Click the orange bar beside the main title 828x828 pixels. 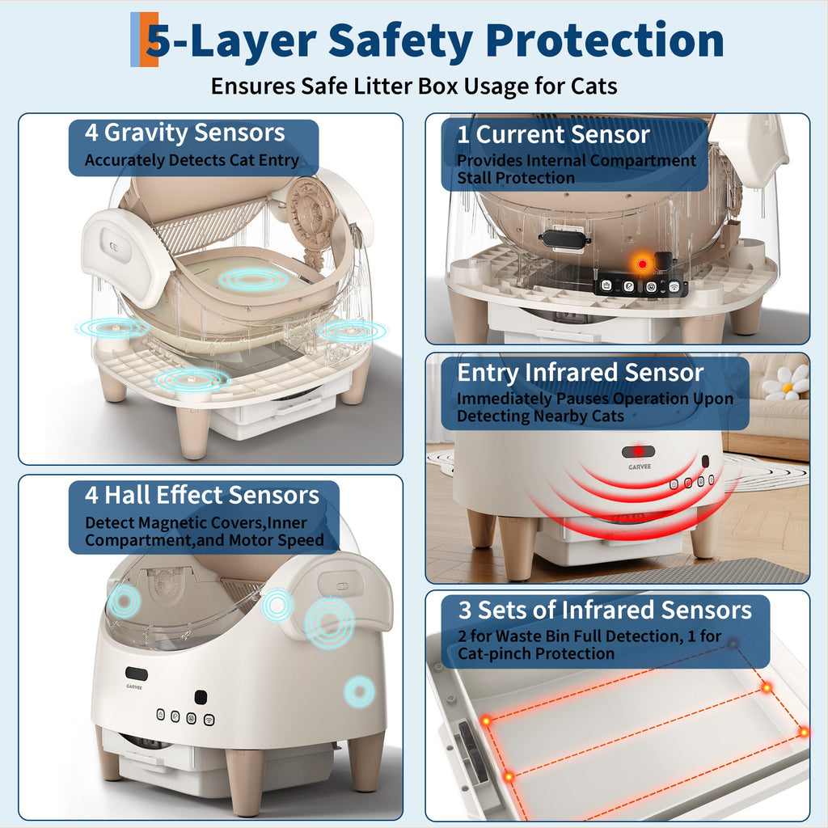150,39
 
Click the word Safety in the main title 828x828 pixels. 401,41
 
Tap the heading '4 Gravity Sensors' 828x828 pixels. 185,133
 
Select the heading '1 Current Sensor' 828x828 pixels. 553,135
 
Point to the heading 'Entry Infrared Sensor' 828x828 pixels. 581,373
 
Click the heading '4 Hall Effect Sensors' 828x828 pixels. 202,496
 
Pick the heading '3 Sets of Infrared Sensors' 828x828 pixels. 605,610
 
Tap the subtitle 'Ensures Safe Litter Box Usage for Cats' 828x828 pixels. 414,86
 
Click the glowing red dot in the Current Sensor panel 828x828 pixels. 642,264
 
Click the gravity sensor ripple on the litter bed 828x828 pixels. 253,279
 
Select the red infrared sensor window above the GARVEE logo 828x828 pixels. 638,451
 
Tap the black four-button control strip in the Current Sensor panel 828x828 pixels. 640,286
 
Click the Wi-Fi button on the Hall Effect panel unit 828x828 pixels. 209,719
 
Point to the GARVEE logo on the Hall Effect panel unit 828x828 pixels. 134,687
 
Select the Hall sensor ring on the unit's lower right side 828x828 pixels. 360,691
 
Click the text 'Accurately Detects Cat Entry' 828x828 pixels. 192,160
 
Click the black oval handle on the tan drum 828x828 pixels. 564,237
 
